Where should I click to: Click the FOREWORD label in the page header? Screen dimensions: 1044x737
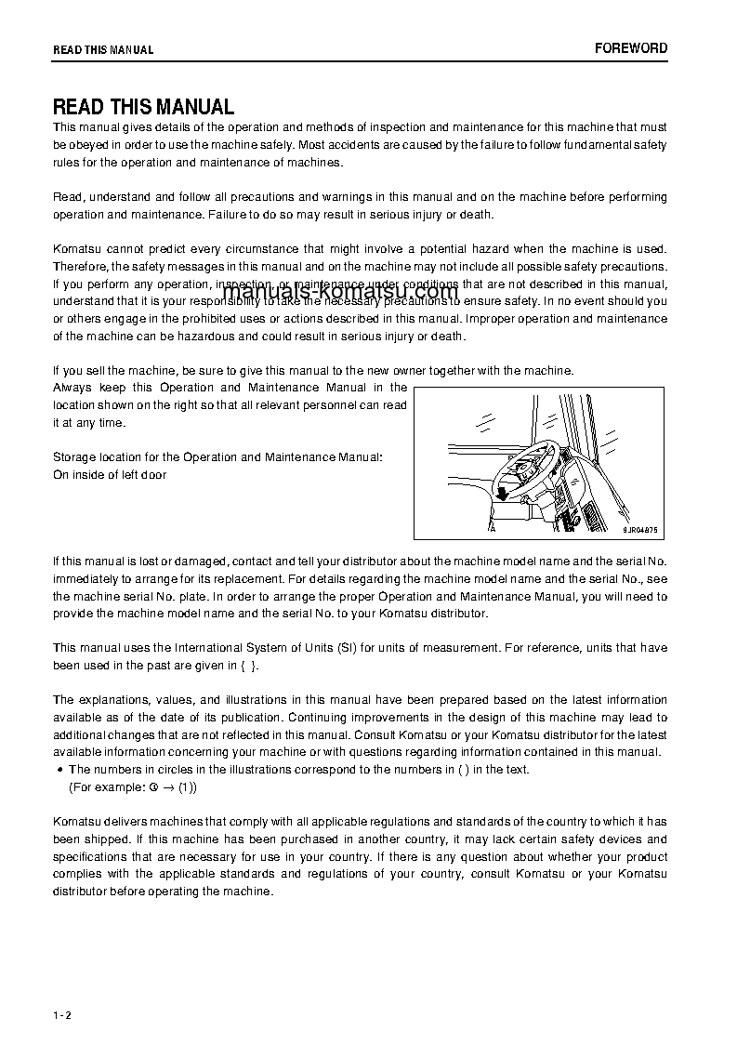click(631, 48)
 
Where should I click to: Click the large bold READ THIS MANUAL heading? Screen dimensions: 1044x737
click(143, 107)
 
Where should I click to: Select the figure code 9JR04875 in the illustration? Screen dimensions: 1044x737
click(639, 529)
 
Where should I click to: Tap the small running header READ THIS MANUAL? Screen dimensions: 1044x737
click(103, 50)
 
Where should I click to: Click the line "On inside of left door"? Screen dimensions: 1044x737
click(110, 475)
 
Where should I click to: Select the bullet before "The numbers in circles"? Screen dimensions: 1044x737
click(59, 770)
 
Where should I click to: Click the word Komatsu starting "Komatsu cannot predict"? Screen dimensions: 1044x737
click(78, 249)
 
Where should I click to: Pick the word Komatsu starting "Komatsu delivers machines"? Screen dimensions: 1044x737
click(78, 822)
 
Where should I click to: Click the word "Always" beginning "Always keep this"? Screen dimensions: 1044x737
click(72, 388)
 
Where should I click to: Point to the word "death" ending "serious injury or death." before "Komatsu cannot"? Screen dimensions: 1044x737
click(476, 215)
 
